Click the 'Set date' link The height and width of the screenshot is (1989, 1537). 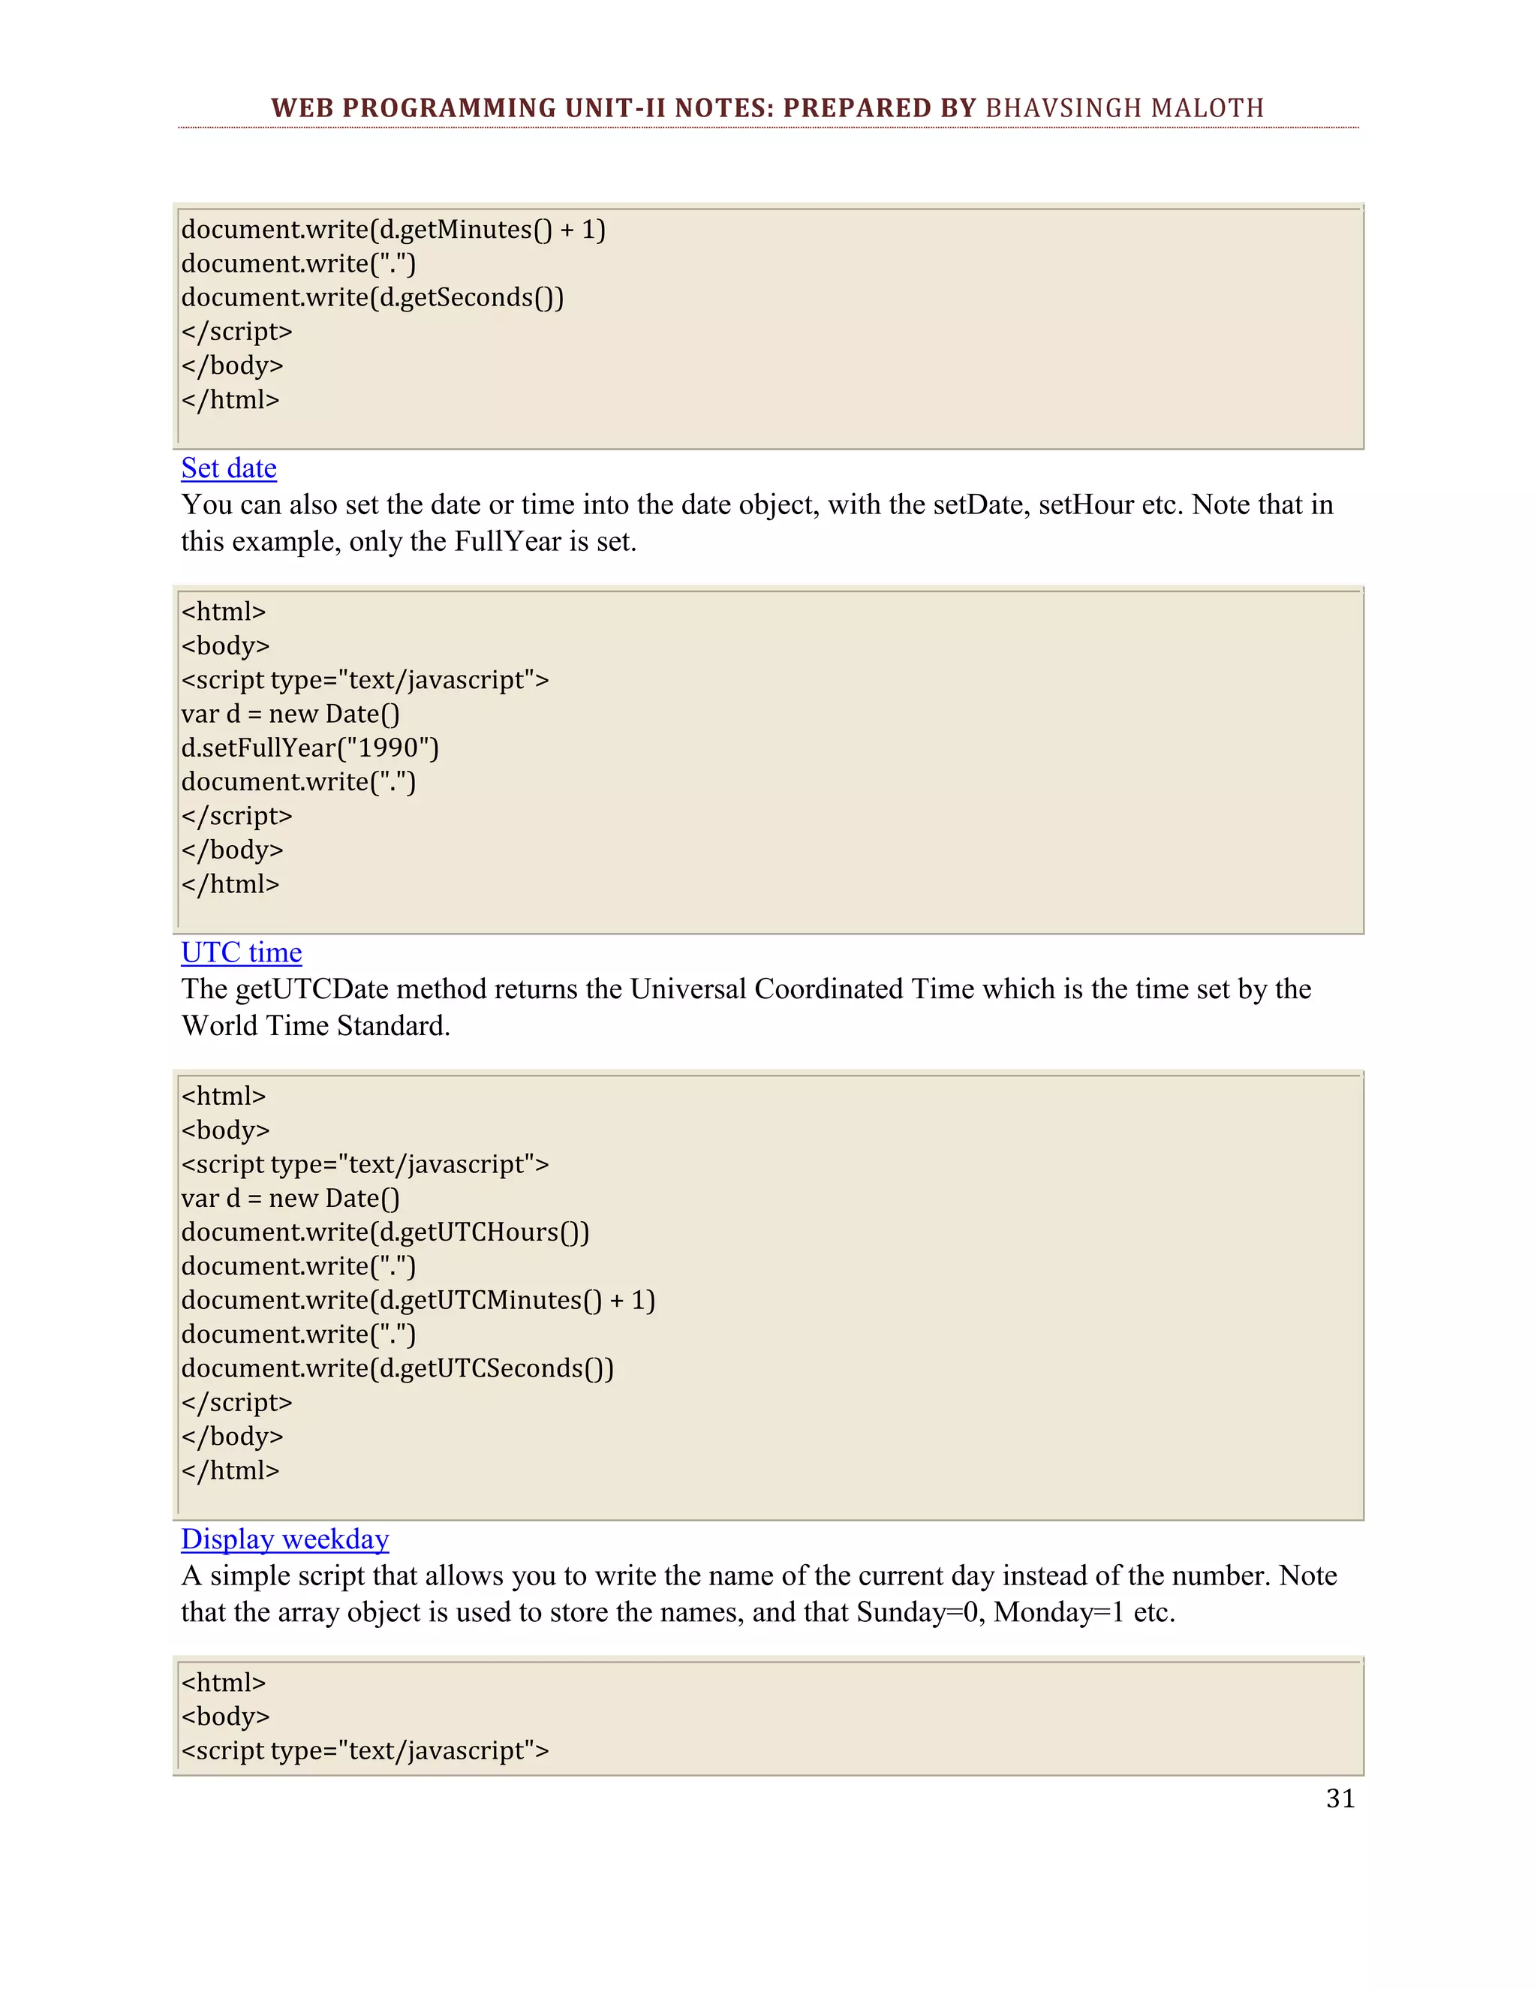tap(229, 468)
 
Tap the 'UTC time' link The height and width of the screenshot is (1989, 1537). tap(242, 952)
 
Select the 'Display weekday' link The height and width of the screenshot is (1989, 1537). tap(285, 1539)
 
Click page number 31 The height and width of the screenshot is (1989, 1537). tap(1340, 1798)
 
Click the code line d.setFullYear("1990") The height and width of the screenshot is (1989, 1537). tap(310, 748)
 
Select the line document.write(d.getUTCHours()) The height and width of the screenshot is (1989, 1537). tap(385, 1232)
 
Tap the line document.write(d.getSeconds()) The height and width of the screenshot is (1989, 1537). tap(372, 298)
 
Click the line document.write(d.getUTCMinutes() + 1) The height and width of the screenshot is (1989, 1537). tap(418, 1301)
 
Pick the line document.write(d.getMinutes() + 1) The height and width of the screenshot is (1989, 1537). tap(393, 230)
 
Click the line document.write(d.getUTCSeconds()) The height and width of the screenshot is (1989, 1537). tap(397, 1369)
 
